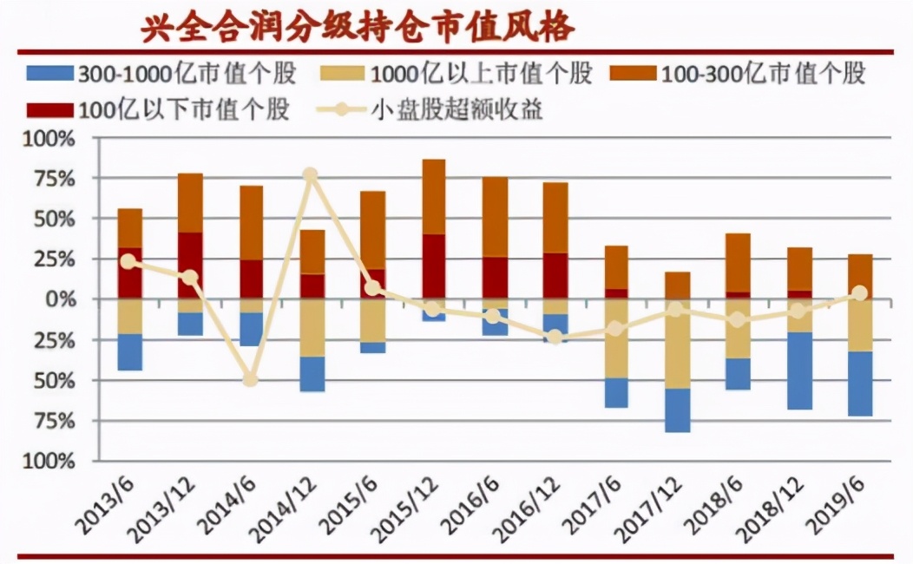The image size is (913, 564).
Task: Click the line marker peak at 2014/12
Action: point(311,175)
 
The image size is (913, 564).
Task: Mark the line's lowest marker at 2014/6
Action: point(251,380)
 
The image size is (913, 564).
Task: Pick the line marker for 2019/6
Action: point(859,293)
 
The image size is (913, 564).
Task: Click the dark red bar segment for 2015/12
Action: point(433,266)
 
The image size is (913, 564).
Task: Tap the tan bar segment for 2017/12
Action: point(677,344)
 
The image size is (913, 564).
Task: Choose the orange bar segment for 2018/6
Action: point(739,262)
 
